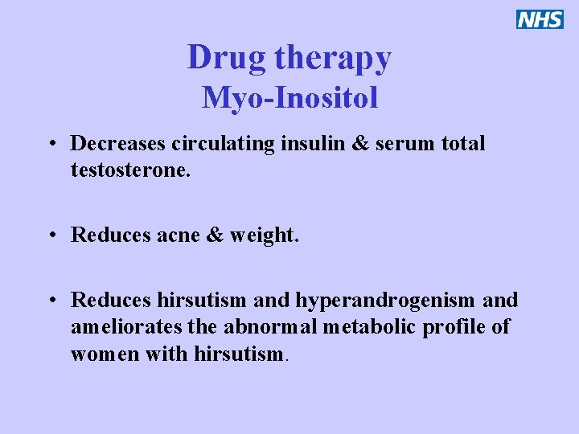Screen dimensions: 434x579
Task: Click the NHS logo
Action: click(540, 19)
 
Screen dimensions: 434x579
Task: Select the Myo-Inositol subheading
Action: click(289, 97)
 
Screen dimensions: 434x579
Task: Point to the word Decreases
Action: click(117, 144)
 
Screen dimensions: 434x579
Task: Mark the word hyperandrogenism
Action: click(385, 301)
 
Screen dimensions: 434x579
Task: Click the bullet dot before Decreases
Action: click(51, 145)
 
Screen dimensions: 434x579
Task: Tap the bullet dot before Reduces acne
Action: click(51, 236)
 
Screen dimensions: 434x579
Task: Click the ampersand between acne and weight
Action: click(215, 235)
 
